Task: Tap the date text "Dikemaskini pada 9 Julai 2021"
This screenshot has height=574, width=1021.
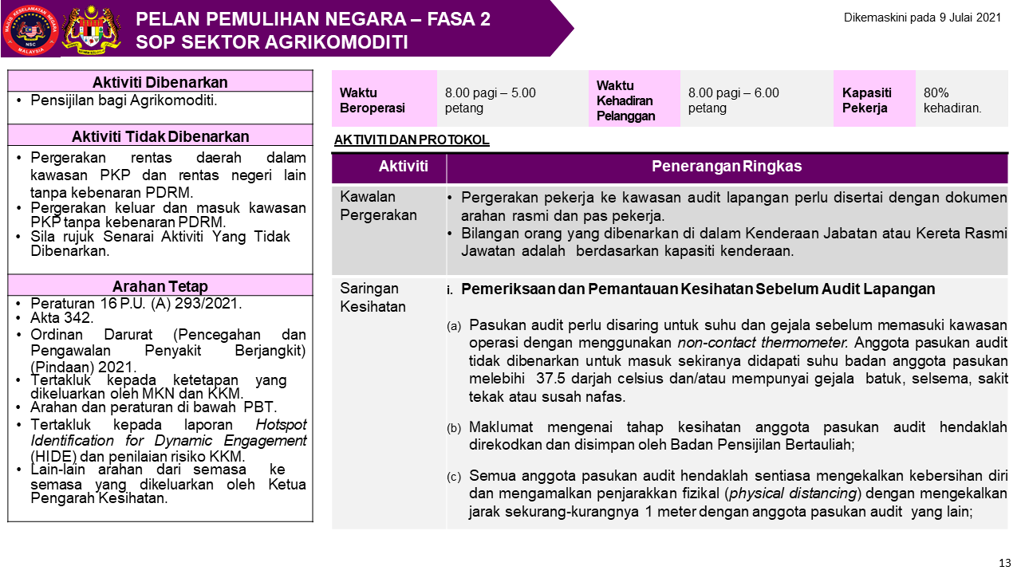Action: pyautogui.click(x=921, y=17)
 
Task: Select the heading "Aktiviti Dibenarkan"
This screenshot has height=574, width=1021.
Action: pyautogui.click(x=160, y=82)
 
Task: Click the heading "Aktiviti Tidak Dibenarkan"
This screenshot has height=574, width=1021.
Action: pyautogui.click(x=160, y=136)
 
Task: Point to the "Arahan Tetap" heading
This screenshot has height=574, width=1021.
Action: pyautogui.click(x=160, y=286)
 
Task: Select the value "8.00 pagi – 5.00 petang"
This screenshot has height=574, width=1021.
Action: pyautogui.click(x=490, y=100)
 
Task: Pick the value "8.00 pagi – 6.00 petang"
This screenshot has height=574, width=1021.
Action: pyautogui.click(x=733, y=100)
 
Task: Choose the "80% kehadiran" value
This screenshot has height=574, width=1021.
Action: pyautogui.click(x=952, y=100)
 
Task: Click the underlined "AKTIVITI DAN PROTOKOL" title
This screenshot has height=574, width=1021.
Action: pyautogui.click(x=412, y=140)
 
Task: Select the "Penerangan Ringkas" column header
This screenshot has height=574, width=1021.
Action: pyautogui.click(x=727, y=167)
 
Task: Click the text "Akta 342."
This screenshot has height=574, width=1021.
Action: pyautogui.click(x=62, y=318)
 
